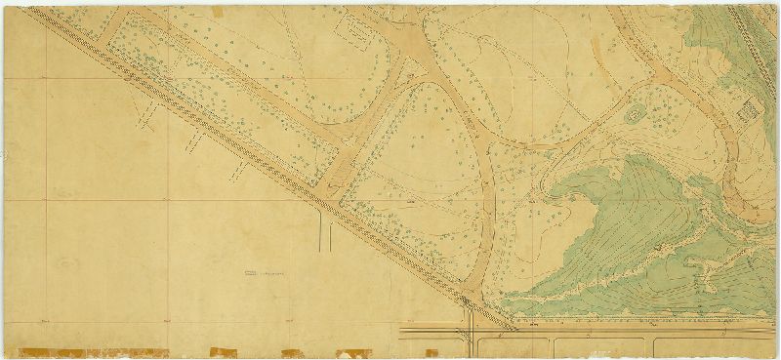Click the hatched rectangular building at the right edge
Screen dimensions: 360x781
coord(752,111)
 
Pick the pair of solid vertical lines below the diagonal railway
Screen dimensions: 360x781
coord(326,232)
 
